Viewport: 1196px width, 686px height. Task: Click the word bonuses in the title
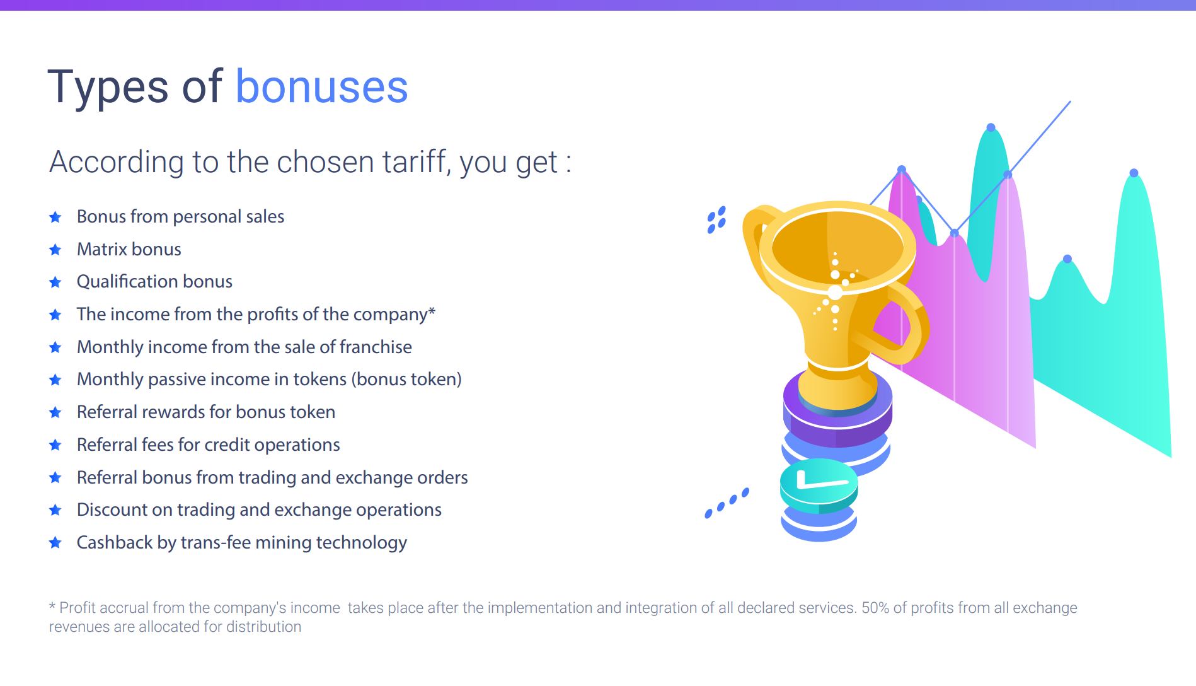321,87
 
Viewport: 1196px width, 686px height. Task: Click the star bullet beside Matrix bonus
55,250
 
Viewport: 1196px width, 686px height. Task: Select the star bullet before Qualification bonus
55,282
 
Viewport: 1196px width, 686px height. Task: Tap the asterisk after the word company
432,311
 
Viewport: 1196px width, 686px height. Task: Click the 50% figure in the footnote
875,608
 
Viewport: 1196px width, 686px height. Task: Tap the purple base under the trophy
837,410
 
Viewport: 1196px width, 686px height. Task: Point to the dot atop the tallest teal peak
991,127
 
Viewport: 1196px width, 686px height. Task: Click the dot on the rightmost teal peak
1134,173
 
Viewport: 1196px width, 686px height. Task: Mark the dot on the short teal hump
1067,259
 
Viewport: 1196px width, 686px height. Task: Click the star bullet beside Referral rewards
55,412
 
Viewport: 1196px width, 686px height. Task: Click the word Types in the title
108,88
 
